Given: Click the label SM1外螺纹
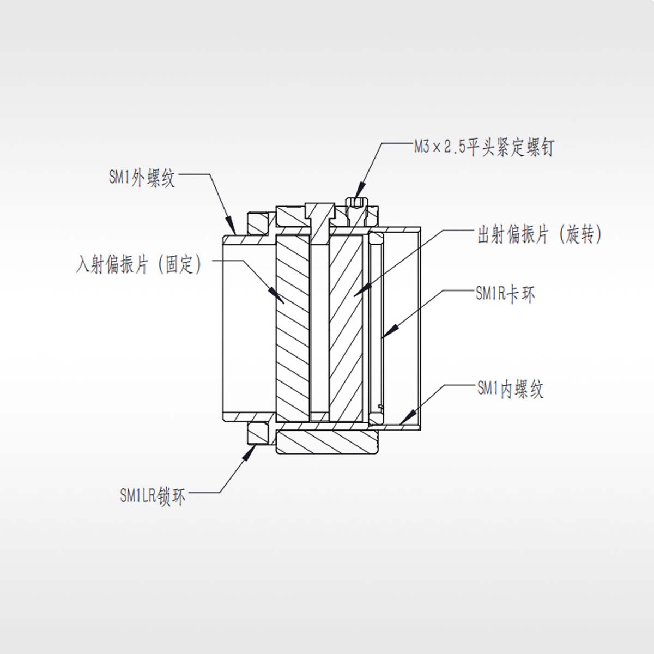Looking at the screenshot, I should coord(142,178).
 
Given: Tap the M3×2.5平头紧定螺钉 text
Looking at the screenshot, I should coord(483,147).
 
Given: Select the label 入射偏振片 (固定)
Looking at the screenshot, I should coord(140,265).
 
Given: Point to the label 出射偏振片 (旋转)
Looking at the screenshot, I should coord(540,235).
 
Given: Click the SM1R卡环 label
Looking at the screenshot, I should coord(505,294).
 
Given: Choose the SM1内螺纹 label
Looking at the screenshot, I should coord(510,389).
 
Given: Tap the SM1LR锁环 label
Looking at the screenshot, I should coord(153,496).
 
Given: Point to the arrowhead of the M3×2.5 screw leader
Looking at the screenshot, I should coord(359,197).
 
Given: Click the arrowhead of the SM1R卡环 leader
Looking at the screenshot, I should coord(386,333).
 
